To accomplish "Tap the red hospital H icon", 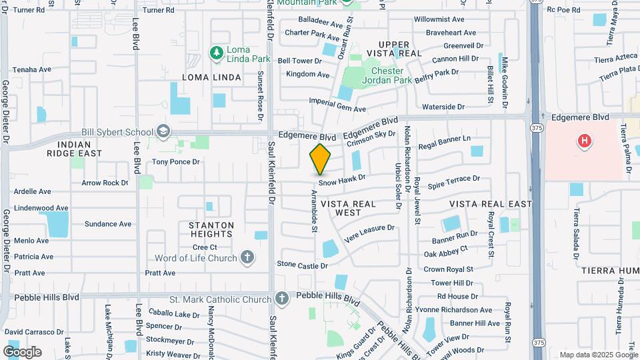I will click(585, 141).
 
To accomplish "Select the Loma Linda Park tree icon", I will click(216, 52).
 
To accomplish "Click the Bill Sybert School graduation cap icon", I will click(163, 132).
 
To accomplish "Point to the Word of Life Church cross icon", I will click(247, 258).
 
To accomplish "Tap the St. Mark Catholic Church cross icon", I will click(282, 299).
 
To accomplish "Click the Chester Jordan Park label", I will click(387, 75).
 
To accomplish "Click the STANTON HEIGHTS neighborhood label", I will click(211, 229).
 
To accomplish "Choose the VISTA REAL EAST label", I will click(491, 203).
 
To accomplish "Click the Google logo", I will click(22, 351).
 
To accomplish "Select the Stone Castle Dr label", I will click(302, 265).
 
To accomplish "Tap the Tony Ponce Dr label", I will click(175, 162).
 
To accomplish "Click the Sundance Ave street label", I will click(107, 225).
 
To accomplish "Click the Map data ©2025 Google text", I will click(598, 355).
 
